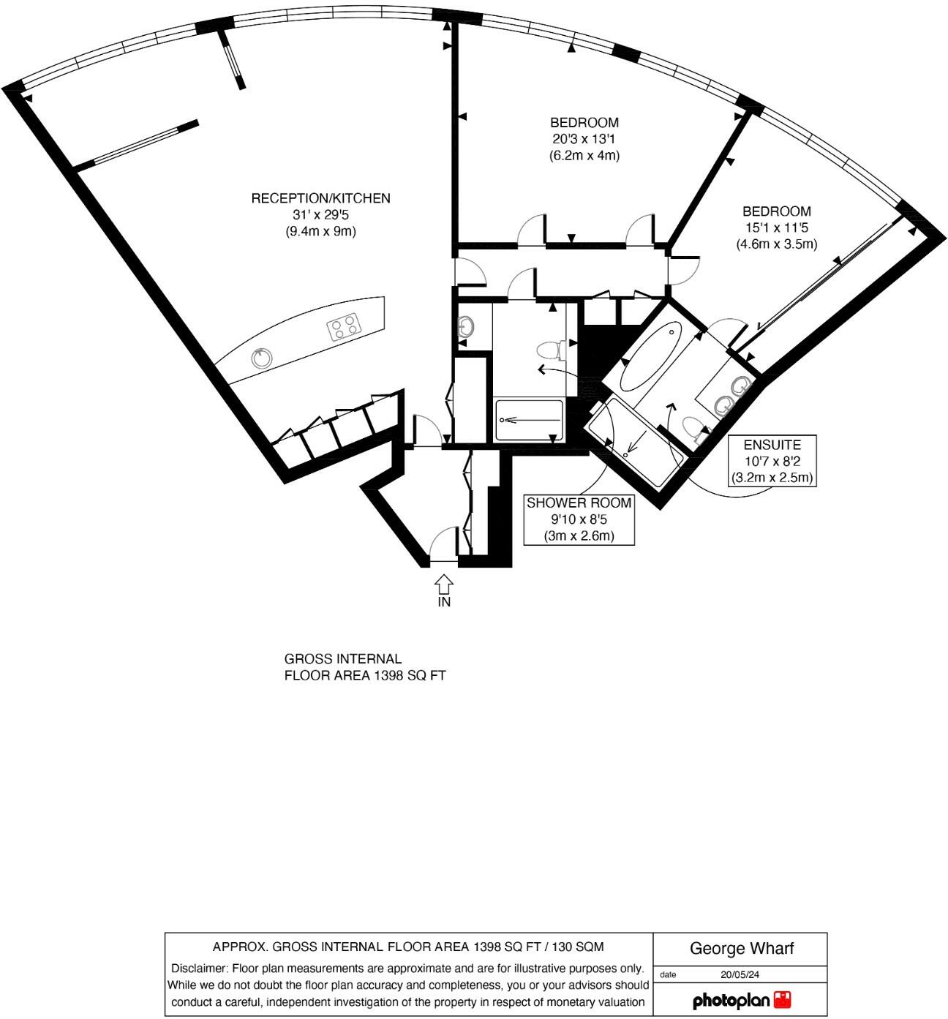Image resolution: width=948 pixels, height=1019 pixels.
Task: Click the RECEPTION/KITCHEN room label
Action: [320, 198]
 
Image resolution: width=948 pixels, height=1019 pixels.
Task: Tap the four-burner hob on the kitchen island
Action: [345, 327]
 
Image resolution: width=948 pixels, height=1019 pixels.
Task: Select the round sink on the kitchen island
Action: [261, 358]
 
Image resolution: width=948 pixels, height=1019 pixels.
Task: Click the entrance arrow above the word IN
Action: [444, 584]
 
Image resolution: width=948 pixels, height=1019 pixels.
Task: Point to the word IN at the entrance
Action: [444, 603]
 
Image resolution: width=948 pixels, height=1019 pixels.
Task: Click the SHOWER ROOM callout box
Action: [579, 519]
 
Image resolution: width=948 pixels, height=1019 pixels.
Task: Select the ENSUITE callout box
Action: [772, 461]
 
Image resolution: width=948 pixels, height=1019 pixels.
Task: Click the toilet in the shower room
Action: [549, 350]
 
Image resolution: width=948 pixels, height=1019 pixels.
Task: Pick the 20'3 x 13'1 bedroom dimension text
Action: [584, 139]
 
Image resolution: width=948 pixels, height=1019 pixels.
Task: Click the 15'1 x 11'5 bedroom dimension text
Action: [776, 228]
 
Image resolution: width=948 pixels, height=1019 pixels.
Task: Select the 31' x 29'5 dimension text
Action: [320, 215]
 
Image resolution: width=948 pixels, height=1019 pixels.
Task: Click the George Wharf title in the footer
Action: [741, 949]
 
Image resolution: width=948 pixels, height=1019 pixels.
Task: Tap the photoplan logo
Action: [741, 999]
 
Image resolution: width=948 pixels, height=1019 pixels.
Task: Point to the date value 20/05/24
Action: [741, 974]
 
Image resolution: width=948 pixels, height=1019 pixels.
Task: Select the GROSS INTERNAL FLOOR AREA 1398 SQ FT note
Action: [364, 668]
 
